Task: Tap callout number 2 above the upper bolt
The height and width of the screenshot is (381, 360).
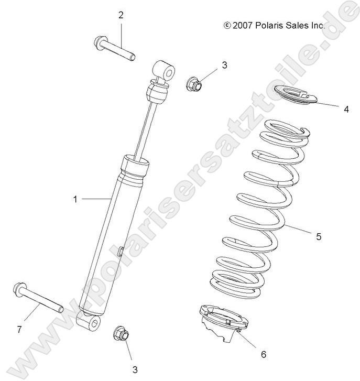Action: pyautogui.click(x=121, y=15)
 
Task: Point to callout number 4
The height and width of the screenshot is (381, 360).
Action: pyautogui.click(x=346, y=109)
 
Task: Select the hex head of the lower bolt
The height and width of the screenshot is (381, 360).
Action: pyautogui.click(x=18, y=288)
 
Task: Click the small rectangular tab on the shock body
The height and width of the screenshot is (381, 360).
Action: pyautogui.click(x=121, y=252)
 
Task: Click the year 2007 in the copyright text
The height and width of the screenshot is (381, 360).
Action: pyautogui.click(x=242, y=24)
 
